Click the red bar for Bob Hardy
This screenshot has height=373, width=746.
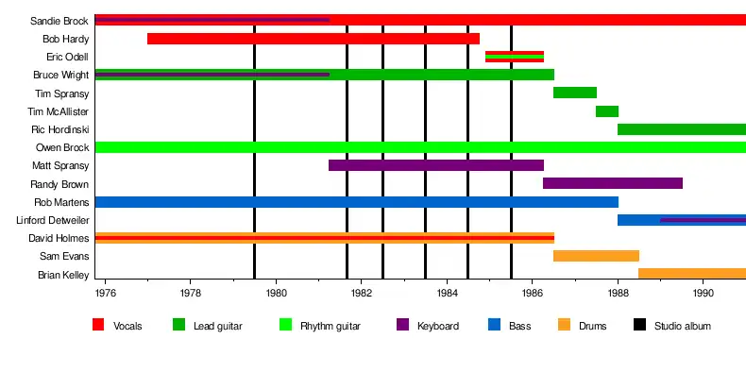tap(314, 39)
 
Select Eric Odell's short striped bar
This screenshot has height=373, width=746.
tap(515, 57)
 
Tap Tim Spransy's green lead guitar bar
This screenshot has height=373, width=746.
tap(575, 93)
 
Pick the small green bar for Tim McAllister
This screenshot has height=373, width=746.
tap(607, 111)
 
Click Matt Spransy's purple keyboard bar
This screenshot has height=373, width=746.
tap(436, 165)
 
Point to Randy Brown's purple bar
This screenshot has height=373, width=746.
tap(613, 183)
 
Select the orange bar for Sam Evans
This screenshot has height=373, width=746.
tap(596, 256)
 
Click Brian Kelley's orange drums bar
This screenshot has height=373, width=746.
tap(692, 274)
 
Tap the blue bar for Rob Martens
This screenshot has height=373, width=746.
tap(357, 202)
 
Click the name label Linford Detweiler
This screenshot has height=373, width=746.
tap(52, 220)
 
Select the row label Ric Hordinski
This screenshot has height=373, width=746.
tap(59, 129)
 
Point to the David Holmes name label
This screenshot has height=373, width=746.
tap(59, 238)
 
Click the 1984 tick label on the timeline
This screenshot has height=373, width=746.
tap(447, 293)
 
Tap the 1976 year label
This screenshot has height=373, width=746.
tap(105, 293)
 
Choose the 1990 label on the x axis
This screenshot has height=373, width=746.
tap(704, 293)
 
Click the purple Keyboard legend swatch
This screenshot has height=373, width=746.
tap(402, 325)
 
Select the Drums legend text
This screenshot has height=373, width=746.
tap(592, 326)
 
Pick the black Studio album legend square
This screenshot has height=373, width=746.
tap(640, 325)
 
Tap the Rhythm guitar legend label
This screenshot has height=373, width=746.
tap(331, 326)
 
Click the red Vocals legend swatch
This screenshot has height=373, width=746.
tap(98, 325)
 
